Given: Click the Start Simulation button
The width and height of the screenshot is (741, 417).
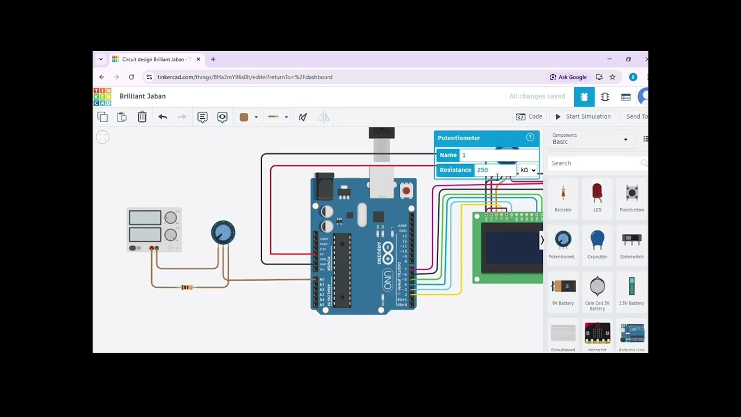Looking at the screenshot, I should pos(582,116).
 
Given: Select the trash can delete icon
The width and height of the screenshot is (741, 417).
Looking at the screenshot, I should pos(142,117).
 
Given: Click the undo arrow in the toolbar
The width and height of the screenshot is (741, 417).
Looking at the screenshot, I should pos(163,117).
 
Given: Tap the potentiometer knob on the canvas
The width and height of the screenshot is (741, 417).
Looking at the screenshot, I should pos(223,232).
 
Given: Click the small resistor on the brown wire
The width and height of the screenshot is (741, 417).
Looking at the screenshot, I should pos(186,287).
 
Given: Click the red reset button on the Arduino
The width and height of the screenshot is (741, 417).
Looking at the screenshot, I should pos(406,191).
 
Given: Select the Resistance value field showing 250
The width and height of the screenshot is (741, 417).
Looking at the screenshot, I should pos(495,170).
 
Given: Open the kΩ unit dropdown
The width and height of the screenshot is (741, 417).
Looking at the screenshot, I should pos(527,170).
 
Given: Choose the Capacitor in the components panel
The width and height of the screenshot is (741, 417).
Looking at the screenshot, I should pos(597,241).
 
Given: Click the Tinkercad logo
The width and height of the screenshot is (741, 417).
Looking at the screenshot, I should pos(102,97).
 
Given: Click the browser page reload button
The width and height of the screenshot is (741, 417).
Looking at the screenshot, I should pos(131,77).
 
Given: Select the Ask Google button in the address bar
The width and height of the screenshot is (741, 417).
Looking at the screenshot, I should pos(568,77).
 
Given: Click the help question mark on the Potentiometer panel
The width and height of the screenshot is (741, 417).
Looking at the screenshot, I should pos(530,137).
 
